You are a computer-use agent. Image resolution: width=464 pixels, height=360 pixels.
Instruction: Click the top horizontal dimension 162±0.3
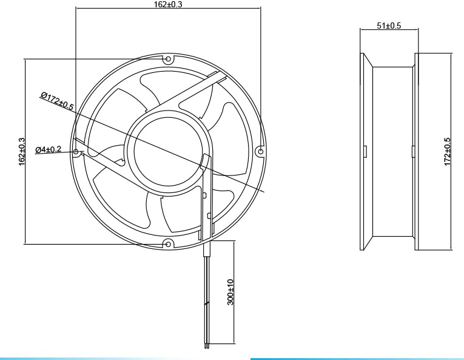[x=168, y=4]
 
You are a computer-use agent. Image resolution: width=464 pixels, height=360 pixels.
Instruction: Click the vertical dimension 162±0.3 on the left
[x=22, y=151]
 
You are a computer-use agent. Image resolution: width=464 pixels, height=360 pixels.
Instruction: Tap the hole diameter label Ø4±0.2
[x=48, y=149]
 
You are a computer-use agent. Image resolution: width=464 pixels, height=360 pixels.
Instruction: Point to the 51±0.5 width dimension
[x=389, y=25]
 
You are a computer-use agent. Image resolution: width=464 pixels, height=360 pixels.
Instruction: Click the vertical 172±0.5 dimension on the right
[x=448, y=151]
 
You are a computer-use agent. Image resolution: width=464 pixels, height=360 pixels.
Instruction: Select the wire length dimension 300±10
[x=230, y=292]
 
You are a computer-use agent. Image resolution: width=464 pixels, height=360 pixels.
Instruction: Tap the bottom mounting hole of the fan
[x=169, y=243]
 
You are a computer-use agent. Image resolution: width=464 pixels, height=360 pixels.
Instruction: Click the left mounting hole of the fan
[x=76, y=151]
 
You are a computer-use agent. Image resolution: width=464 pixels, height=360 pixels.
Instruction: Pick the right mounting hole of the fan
[x=261, y=151]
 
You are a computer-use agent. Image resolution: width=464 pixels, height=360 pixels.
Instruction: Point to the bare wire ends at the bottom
[x=207, y=347]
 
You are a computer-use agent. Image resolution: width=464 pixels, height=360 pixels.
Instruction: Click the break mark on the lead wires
[x=207, y=304]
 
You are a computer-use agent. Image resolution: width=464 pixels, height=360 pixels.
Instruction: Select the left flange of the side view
[x=366, y=151]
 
